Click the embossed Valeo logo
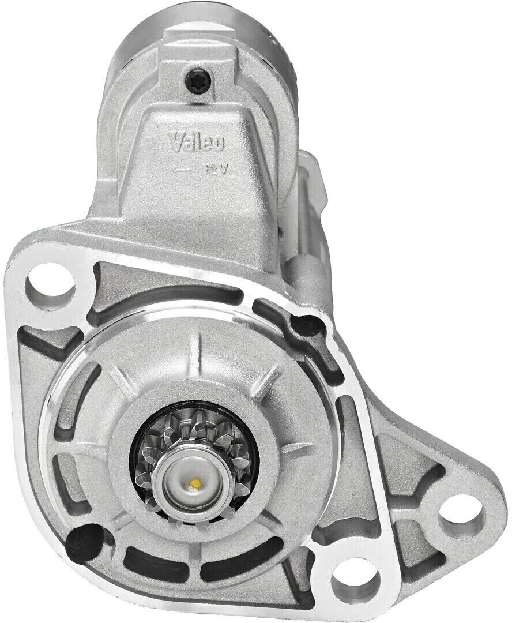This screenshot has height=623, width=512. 197,142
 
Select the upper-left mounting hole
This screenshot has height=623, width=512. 50,285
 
